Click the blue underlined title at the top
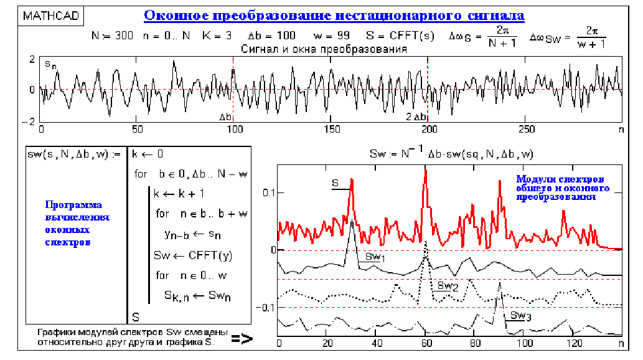[x=334, y=15]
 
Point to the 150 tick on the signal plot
[x=332, y=129]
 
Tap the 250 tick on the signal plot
[x=526, y=129]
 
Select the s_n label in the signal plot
[x=50, y=64]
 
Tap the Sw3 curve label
[x=520, y=316]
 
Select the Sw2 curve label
[x=448, y=286]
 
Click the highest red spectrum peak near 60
[x=426, y=171]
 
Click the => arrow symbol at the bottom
[x=242, y=339]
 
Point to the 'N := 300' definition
[x=113, y=36]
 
